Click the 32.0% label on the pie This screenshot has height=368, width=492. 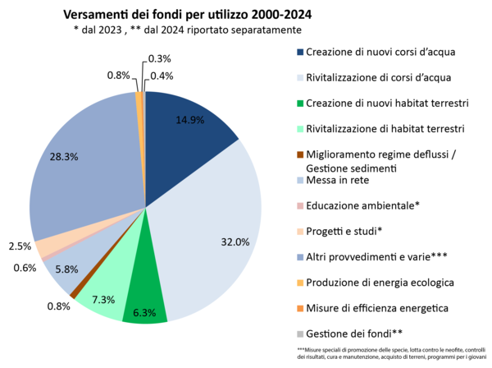pos(235,241)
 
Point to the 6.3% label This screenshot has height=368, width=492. pos(145,313)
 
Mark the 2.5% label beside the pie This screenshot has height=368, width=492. pos(20,246)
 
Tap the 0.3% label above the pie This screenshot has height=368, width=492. pos(159,58)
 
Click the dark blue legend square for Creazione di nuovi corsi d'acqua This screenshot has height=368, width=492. pos(299,52)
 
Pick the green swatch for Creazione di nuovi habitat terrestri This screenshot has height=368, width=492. pos(299,103)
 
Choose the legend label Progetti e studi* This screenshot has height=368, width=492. pos(344,231)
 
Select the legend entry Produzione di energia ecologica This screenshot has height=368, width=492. pos(375,283)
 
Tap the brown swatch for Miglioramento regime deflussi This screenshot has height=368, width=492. pos(299,154)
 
